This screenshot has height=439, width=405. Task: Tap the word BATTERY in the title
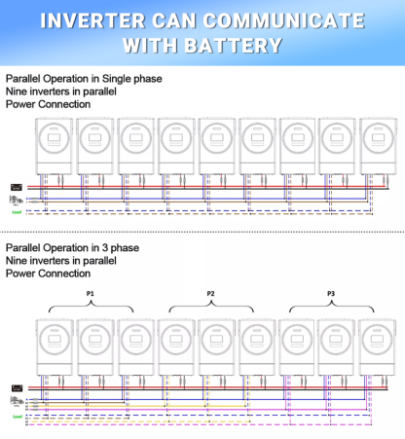239,44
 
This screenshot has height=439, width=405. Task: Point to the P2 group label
211,292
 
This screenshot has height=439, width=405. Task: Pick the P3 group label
331,292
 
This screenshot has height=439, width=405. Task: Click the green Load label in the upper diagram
17,210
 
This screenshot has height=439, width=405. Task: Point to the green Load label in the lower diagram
17,417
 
